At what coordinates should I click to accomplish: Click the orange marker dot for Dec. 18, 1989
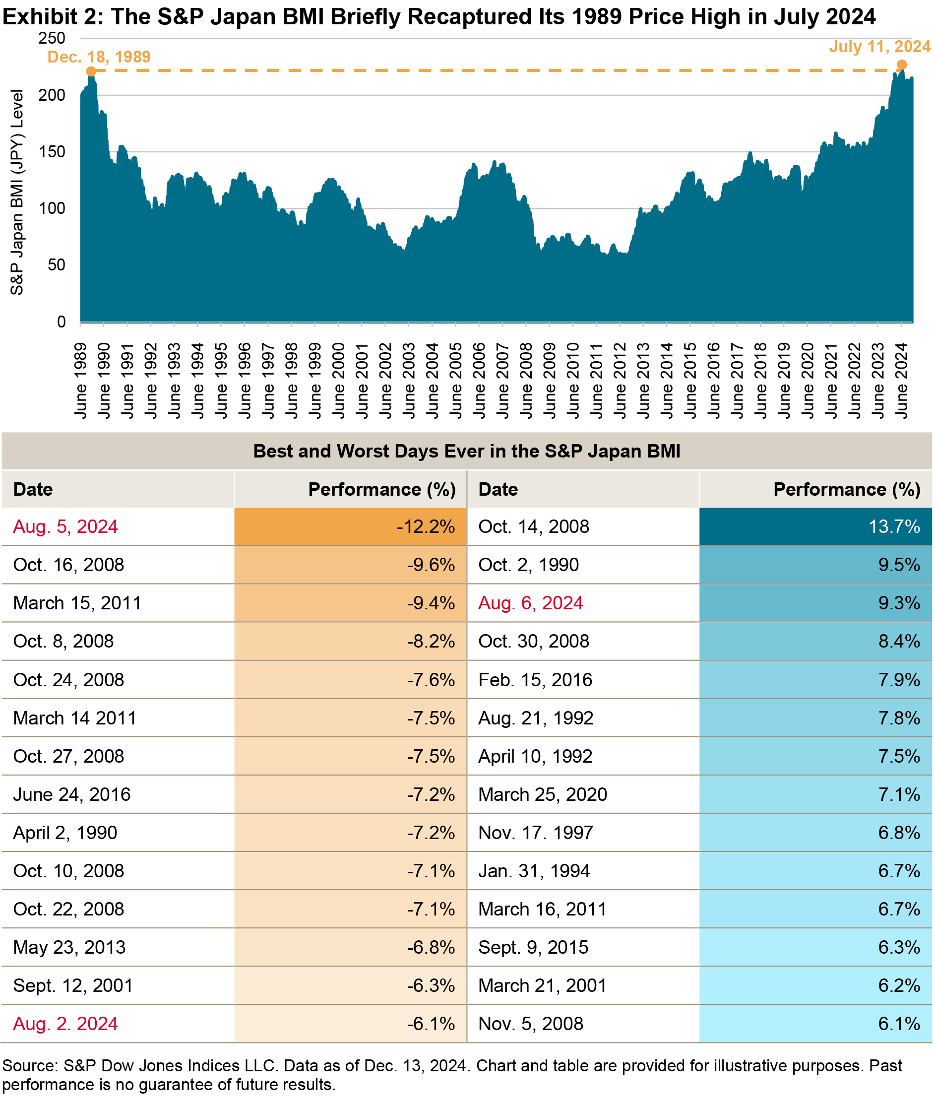point(91,71)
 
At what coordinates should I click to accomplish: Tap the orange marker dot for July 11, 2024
point(902,65)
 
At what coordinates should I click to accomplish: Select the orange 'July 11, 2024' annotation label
point(879,47)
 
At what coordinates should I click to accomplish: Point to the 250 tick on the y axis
point(52,38)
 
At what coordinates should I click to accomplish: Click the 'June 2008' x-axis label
point(526,380)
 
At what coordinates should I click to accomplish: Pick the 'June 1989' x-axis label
point(80,380)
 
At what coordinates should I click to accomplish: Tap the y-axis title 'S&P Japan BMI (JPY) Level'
point(17,192)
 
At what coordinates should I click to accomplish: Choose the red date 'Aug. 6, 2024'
point(531,603)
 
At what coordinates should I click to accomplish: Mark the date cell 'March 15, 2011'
point(77,603)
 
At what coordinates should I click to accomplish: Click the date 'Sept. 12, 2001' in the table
point(72,985)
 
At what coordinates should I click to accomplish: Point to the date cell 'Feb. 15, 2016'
point(535,680)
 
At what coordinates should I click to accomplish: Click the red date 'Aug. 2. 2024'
point(65,1024)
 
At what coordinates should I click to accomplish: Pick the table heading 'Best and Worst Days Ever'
point(466,451)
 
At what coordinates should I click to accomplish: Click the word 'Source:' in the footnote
point(30,1066)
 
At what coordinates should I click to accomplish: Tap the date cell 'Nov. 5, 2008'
point(531,1024)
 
